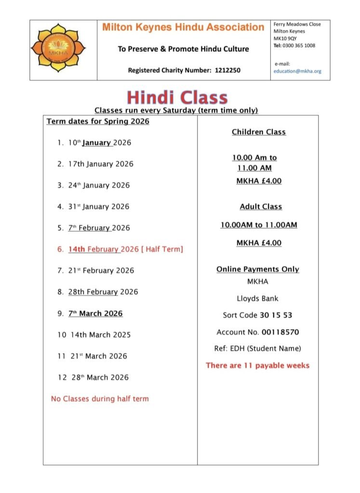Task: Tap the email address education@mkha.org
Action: (x=297, y=71)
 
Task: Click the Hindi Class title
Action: (x=177, y=97)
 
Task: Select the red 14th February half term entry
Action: (x=125, y=249)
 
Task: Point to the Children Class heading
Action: (x=259, y=132)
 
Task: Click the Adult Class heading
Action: (x=261, y=207)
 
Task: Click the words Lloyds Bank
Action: (x=257, y=298)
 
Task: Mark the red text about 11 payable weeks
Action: (x=257, y=365)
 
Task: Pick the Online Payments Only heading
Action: (x=257, y=270)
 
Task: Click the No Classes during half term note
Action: (x=100, y=399)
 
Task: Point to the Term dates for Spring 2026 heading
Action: (x=98, y=121)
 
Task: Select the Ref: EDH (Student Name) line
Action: (x=257, y=349)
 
